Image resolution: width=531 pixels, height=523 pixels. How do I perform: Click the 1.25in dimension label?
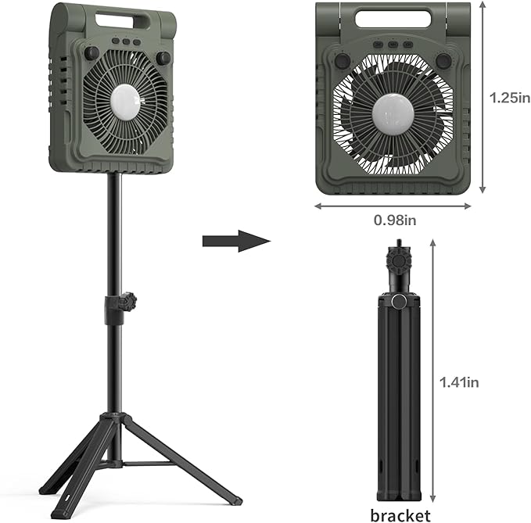(x=510, y=98)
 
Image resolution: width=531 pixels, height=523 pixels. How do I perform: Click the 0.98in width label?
(x=395, y=220)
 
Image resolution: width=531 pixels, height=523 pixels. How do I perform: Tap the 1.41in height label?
(x=459, y=382)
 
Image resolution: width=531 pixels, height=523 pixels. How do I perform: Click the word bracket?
(x=400, y=515)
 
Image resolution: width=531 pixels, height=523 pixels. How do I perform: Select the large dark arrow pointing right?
(x=237, y=241)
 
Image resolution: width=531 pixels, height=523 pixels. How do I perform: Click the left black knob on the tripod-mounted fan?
(x=91, y=53)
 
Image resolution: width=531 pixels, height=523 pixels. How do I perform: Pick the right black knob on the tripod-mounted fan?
(x=163, y=58)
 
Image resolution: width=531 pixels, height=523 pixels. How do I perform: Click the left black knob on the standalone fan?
(x=343, y=61)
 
